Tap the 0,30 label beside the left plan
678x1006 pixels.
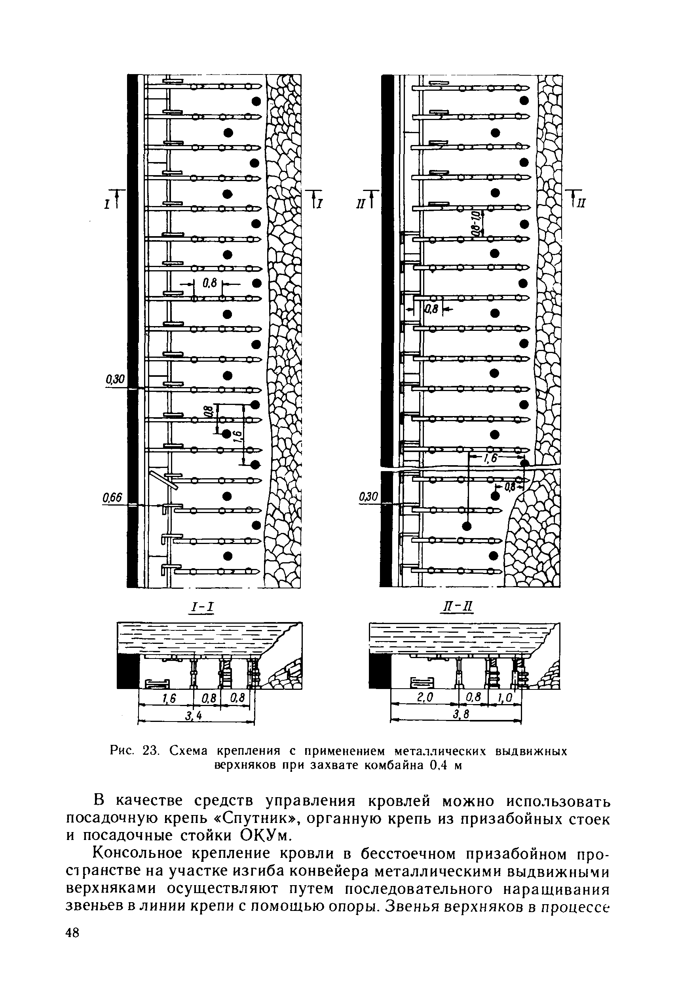coord(115,380)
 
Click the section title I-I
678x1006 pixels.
coord(203,607)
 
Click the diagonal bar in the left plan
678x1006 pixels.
coord(163,480)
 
